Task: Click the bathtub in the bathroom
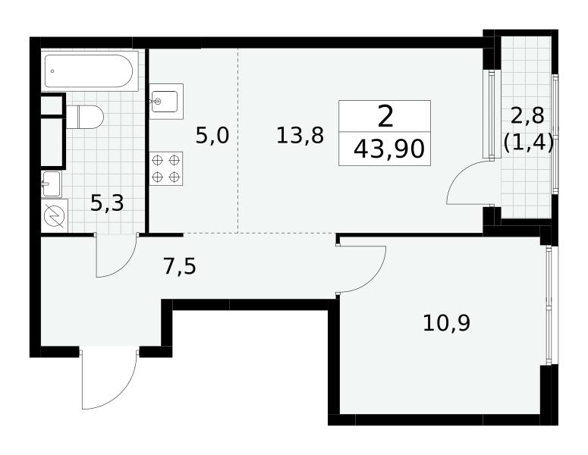(89, 71)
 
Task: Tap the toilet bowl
(85, 117)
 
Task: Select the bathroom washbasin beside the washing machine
(52, 184)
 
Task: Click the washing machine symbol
(55, 216)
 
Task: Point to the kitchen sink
(166, 101)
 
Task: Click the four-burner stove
(166, 168)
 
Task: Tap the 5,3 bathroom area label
(107, 203)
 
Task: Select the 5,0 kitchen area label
(212, 136)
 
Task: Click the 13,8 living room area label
(300, 136)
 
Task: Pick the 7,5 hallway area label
(180, 267)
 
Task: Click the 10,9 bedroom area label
(446, 323)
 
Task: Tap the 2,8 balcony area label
(527, 116)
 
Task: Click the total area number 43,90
(389, 149)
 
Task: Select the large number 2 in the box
(385, 117)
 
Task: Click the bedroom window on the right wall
(550, 305)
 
